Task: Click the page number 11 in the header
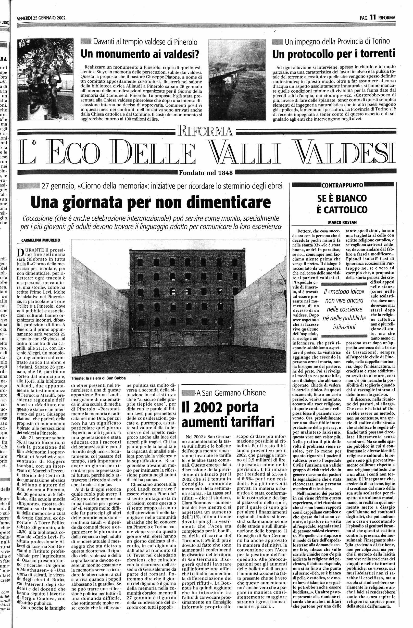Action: click(373, 17)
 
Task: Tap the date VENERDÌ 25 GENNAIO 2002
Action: click(41, 18)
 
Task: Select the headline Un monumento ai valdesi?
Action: click(140, 54)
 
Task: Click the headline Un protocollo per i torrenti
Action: click(334, 54)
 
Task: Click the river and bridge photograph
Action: click(237, 79)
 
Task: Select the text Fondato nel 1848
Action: click(206, 173)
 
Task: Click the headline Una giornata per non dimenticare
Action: click(151, 202)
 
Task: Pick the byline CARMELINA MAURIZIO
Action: click(41, 240)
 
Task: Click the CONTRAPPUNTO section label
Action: click(342, 185)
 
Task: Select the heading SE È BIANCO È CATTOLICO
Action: click(342, 204)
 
